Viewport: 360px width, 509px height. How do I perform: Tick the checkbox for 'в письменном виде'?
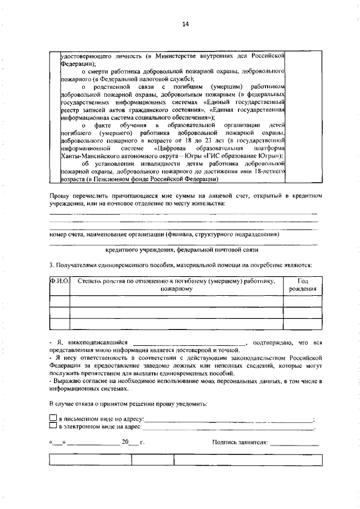point(53,418)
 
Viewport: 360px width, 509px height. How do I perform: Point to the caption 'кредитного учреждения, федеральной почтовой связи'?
point(182,248)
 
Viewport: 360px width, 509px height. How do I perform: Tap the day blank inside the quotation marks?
point(58,443)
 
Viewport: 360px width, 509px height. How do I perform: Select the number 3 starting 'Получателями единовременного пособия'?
point(51,264)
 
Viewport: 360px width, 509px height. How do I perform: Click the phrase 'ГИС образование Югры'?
point(245,156)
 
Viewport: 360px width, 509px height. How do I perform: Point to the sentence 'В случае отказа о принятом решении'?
point(128,404)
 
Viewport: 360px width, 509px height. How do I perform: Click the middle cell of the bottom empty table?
point(152,459)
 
